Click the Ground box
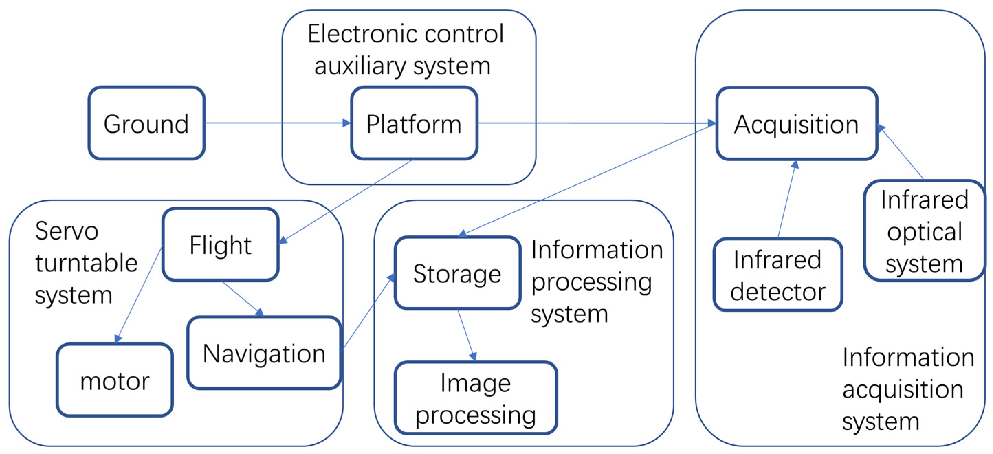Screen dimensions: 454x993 (x=146, y=123)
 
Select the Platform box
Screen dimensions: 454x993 (x=413, y=123)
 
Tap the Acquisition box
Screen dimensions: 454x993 (x=796, y=124)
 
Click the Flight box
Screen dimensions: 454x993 (x=221, y=244)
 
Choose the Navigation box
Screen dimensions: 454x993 (x=264, y=353)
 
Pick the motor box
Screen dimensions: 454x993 (x=114, y=380)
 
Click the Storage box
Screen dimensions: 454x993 (x=457, y=273)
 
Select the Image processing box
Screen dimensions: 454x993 (x=475, y=398)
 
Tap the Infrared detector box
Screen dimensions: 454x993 (x=777, y=275)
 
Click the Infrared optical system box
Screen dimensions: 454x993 (x=924, y=231)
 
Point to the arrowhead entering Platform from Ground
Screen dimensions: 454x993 (x=346, y=123)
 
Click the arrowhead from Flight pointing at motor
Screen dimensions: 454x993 (x=118, y=339)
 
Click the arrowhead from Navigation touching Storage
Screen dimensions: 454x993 (x=391, y=278)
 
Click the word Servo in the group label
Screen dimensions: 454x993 (x=67, y=231)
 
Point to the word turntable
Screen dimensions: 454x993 (x=86, y=263)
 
